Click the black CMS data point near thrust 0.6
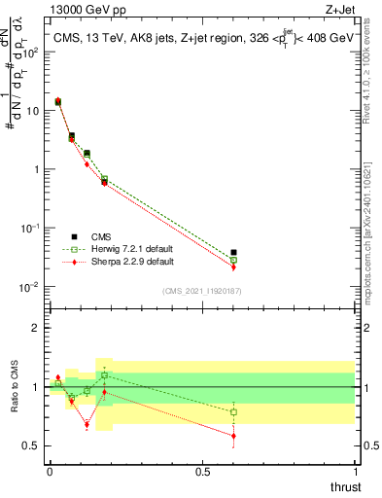tap(233, 253)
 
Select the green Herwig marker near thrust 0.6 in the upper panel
tap(233, 260)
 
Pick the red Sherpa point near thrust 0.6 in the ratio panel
tap(233, 436)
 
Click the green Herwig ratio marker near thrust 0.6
tap(233, 412)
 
